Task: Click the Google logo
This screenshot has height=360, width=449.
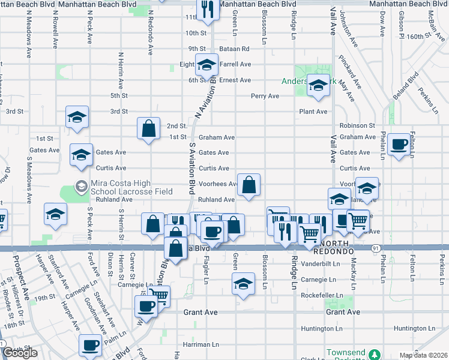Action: tap(20, 353)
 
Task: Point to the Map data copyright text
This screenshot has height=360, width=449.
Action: tap(423, 355)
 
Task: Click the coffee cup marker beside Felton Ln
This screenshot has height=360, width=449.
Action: tap(399, 144)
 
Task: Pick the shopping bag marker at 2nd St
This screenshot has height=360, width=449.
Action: tap(148, 128)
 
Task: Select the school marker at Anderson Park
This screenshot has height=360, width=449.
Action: tap(318, 86)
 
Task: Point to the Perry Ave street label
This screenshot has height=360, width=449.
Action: tap(265, 95)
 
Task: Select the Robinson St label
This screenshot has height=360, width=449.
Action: tap(357, 126)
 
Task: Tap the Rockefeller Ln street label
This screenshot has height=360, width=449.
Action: tap(322, 295)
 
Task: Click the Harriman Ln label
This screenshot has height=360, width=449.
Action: tap(201, 344)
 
